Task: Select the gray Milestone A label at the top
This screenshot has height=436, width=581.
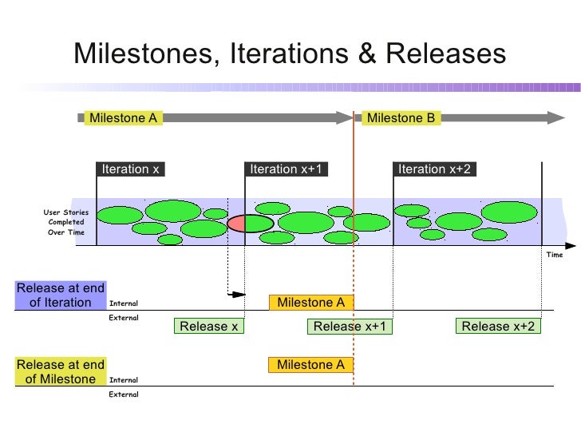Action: point(123,118)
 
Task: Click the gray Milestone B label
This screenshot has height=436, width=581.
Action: point(401,118)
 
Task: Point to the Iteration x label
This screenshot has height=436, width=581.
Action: point(131,169)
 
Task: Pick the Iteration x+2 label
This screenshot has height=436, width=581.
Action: point(434,169)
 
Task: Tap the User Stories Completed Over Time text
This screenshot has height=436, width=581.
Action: point(65,222)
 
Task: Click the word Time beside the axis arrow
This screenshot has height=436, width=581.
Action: point(554,255)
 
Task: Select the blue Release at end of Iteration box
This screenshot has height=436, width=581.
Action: point(60,295)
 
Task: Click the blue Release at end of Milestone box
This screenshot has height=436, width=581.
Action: point(60,372)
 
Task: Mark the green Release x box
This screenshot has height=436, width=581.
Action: point(209,326)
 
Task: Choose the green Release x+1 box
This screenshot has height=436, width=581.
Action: point(350,326)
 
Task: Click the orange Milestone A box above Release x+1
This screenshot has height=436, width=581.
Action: point(310,303)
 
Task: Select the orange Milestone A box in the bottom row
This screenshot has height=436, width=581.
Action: point(310,365)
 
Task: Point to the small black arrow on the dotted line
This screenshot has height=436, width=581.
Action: point(237,295)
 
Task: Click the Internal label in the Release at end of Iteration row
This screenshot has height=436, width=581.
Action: point(123,303)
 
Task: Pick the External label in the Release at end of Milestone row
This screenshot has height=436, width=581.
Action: point(123,394)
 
